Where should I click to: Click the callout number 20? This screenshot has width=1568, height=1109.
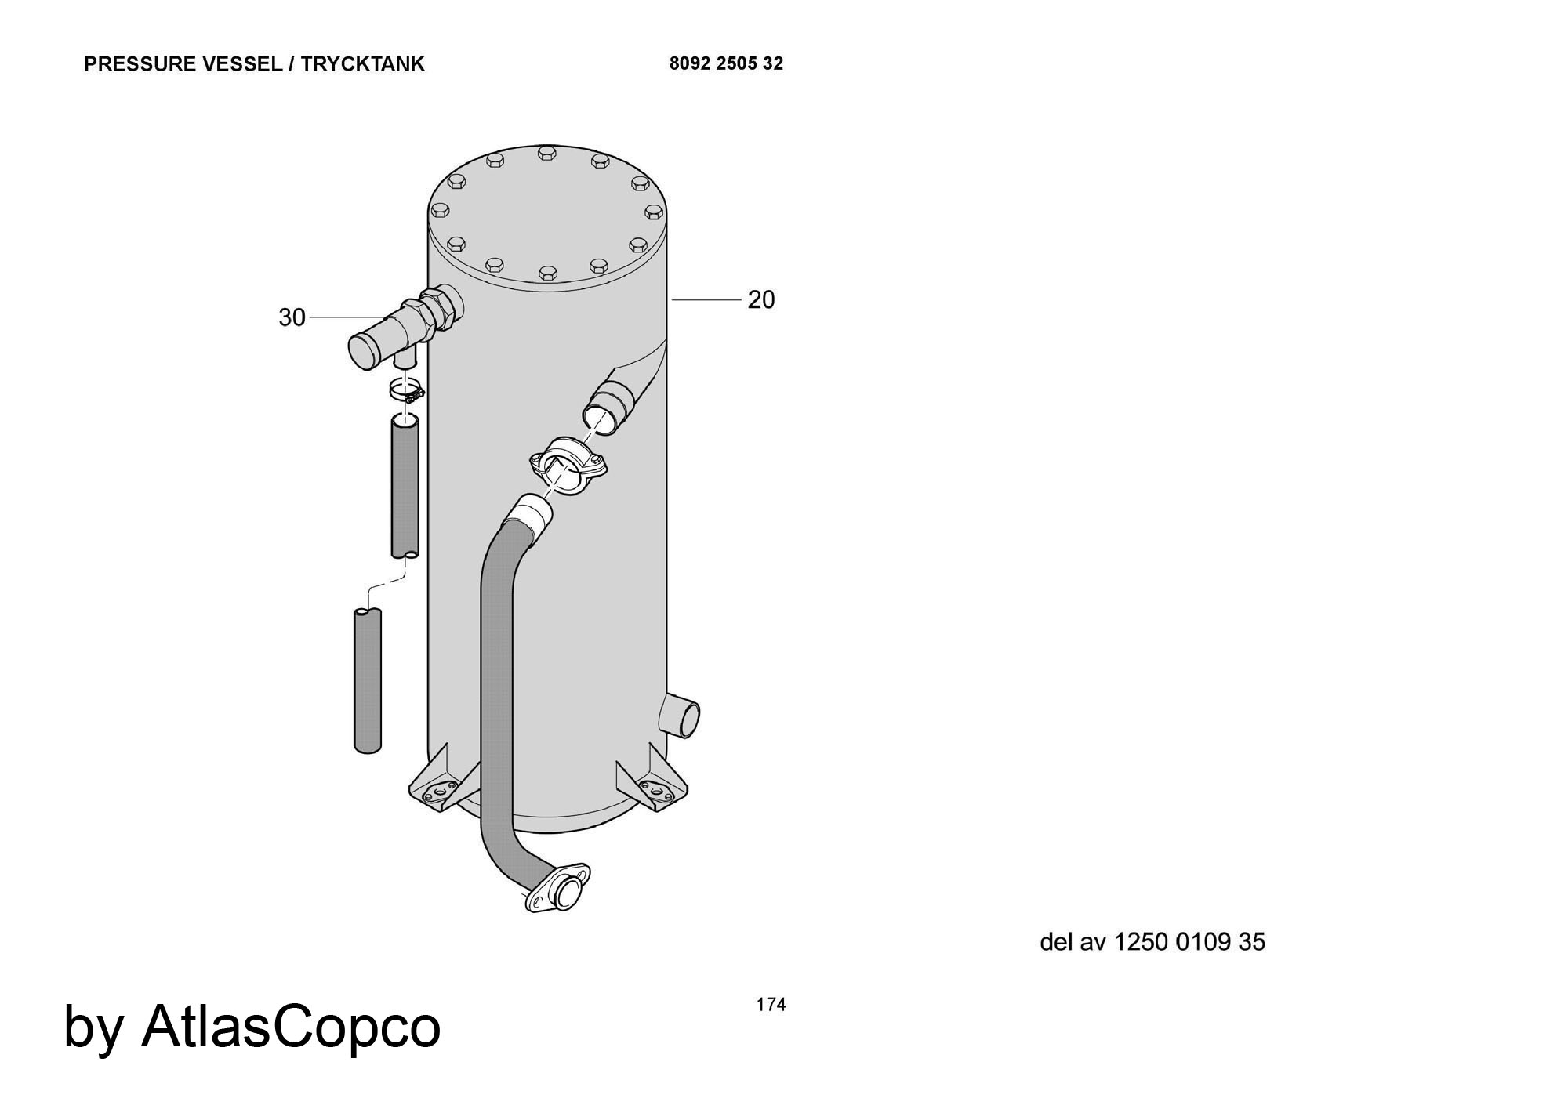tap(760, 299)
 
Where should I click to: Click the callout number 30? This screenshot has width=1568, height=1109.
tap(292, 317)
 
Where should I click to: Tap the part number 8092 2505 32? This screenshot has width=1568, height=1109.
tap(726, 63)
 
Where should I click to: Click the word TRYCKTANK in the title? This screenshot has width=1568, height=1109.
tap(362, 63)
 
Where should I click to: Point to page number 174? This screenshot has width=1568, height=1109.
tap(771, 1005)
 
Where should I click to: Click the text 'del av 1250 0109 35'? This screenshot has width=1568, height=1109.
tap(1152, 941)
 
